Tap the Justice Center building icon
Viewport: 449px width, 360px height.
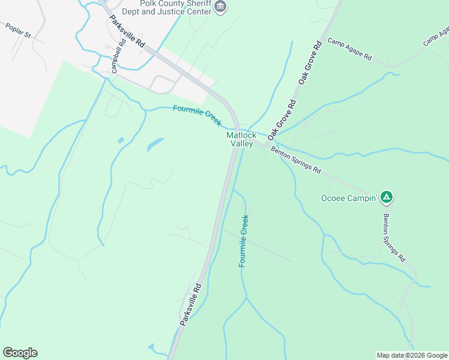[220, 7]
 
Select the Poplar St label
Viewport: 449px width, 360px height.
[18, 31]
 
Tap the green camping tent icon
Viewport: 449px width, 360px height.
[387, 196]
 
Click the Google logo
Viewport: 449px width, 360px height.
[20, 353]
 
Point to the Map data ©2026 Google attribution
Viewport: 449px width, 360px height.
[412, 355]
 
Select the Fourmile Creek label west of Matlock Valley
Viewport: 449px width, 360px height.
[197, 115]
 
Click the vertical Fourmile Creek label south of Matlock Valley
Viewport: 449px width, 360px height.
[244, 241]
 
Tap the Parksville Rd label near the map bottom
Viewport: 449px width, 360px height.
[190, 304]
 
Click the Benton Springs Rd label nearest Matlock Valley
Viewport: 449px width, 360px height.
[295, 160]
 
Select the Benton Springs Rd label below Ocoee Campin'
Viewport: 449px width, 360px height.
[394, 238]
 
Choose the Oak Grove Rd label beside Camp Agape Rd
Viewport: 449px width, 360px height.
[310, 63]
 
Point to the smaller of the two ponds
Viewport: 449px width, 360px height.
[121, 140]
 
